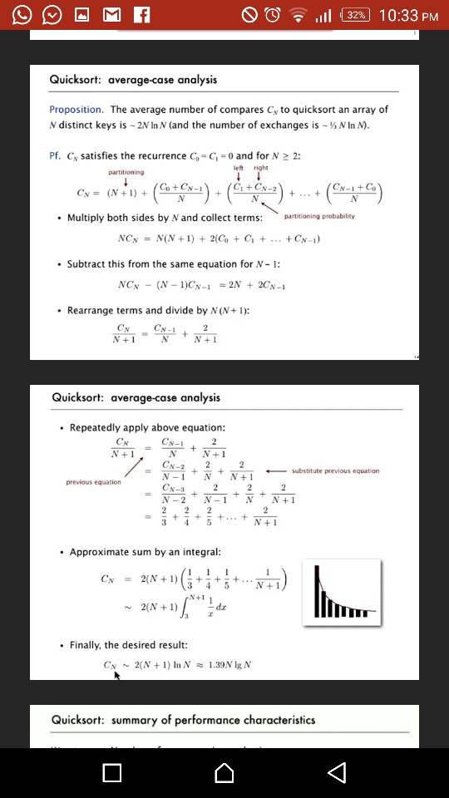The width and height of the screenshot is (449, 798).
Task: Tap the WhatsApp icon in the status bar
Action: tap(22, 15)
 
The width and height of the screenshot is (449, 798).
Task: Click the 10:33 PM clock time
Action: tap(409, 15)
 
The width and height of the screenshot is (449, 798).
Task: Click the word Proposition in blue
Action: tap(76, 110)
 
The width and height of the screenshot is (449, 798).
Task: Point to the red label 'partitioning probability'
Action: tap(319, 216)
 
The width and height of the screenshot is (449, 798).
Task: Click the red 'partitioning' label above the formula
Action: tap(126, 172)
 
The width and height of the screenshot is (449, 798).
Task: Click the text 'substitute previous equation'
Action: tap(336, 470)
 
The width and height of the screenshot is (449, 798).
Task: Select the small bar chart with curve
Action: tap(348, 591)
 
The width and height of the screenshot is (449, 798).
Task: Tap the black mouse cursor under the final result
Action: tap(117, 700)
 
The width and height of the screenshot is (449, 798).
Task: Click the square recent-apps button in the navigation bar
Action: tap(112, 773)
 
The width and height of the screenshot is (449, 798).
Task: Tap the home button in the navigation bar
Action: tap(224, 773)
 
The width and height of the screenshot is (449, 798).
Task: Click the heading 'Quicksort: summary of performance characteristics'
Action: tap(183, 720)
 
